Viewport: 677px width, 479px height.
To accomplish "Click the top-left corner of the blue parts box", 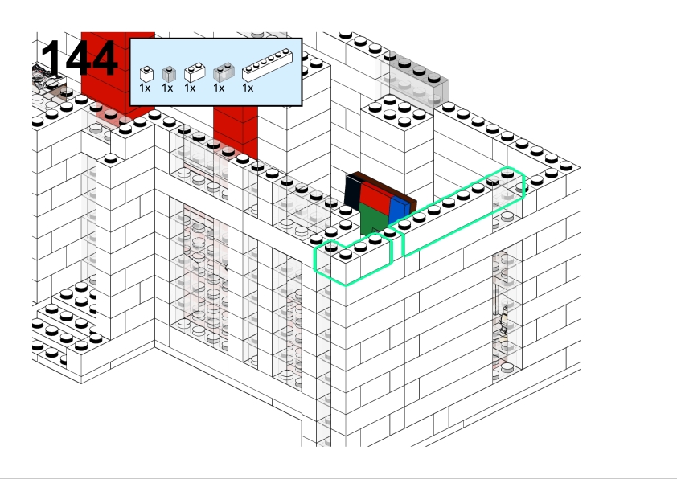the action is coord(130,39).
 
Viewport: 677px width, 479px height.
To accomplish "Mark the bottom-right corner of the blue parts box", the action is coord(302,105).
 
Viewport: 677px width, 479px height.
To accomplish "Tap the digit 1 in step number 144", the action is coord(51,57).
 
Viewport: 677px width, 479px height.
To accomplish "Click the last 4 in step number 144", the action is coord(103,57).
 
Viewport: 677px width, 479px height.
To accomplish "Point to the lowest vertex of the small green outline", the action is coord(346,285).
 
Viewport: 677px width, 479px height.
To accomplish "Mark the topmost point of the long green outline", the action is coord(507,167).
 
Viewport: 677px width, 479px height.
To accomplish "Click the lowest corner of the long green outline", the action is coord(404,256).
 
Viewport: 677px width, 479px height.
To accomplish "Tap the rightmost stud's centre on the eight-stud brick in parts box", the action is coord(286,52).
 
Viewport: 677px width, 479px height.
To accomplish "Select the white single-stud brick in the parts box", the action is coord(147,74).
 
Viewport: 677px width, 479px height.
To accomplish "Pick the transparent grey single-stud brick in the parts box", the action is coord(169,74).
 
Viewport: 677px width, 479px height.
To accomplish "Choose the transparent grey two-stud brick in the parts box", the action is coord(224,72).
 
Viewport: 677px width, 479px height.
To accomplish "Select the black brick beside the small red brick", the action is coord(353,192).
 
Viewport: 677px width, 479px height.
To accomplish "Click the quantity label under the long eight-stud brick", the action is coord(248,88).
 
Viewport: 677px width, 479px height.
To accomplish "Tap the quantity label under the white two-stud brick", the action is coord(190,88).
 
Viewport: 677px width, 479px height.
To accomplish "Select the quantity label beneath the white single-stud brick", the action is coord(145,88).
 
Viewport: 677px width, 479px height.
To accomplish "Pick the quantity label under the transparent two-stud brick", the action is coord(219,88).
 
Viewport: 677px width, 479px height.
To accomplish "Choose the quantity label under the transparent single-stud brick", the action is coord(167,88).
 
